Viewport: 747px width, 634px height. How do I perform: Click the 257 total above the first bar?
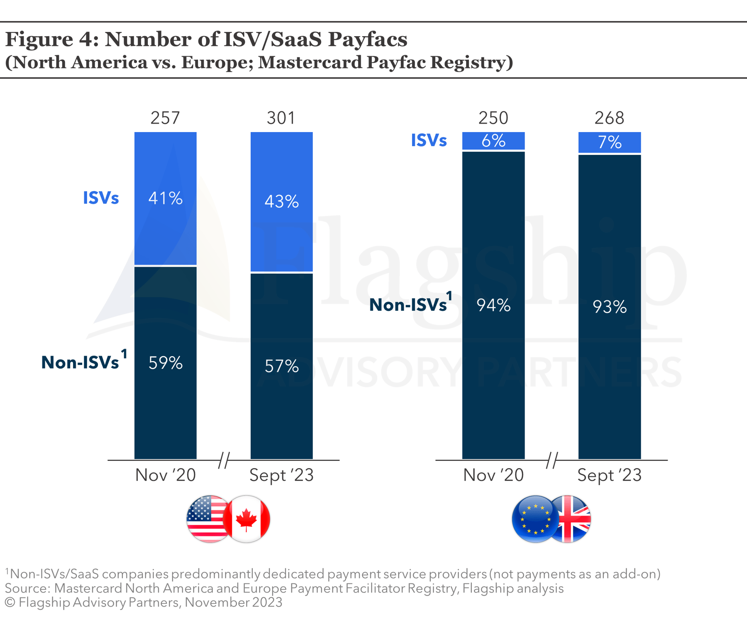click(x=165, y=118)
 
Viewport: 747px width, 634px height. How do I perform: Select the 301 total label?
click(x=281, y=118)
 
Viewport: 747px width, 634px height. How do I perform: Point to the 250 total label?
click(x=493, y=118)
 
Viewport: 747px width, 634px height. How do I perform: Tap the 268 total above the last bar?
click(x=609, y=118)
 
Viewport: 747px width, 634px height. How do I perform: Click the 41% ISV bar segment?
click(x=165, y=198)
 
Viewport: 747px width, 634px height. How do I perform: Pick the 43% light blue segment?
click(x=281, y=202)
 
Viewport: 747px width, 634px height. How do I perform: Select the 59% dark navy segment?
click(x=165, y=363)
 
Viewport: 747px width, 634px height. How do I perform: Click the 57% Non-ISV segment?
click(x=281, y=366)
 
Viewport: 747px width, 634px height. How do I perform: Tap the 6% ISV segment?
click(x=493, y=141)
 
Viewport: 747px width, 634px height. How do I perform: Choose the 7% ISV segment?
click(x=609, y=143)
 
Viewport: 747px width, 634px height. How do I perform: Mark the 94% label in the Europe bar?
click(x=493, y=305)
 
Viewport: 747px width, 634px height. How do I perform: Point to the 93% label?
click(x=609, y=307)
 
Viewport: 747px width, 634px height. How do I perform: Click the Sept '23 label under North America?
click(x=281, y=475)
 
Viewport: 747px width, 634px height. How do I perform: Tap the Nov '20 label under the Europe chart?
click(x=493, y=475)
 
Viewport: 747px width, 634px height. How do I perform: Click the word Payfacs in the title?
click(x=368, y=39)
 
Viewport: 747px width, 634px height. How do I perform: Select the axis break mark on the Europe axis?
click(x=552, y=460)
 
